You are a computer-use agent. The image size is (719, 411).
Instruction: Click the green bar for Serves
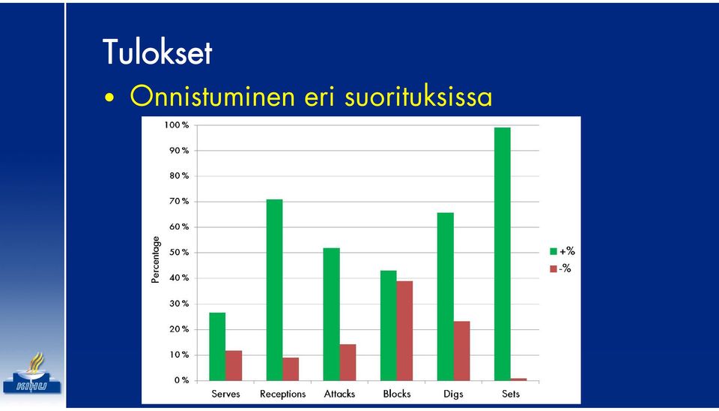[217, 346]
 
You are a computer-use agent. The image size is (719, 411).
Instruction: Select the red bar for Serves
[234, 365]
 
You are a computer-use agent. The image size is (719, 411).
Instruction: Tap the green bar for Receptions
[275, 290]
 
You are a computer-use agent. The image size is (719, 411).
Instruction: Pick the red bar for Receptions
[291, 369]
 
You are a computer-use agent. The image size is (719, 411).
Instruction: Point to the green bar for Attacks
[332, 314]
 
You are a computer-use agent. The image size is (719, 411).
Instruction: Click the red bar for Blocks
[405, 331]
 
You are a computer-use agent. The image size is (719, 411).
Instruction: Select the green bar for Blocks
[389, 325]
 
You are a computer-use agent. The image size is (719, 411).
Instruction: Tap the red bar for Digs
[462, 351]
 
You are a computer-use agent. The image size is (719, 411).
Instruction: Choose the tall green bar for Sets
[503, 254]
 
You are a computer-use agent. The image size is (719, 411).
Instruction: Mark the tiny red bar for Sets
[518, 379]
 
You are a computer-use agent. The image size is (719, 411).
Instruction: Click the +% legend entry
[562, 252]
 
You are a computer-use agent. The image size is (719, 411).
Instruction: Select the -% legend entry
[561, 268]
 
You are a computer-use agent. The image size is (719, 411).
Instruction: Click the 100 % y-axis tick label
[177, 125]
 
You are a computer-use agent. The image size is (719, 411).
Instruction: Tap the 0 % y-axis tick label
[181, 380]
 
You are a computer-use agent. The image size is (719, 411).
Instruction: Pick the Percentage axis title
[156, 259]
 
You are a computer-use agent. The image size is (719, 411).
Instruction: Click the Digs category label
[453, 394]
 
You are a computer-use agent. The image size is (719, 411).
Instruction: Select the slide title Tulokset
[157, 52]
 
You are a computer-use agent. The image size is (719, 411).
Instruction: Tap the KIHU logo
[32, 373]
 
